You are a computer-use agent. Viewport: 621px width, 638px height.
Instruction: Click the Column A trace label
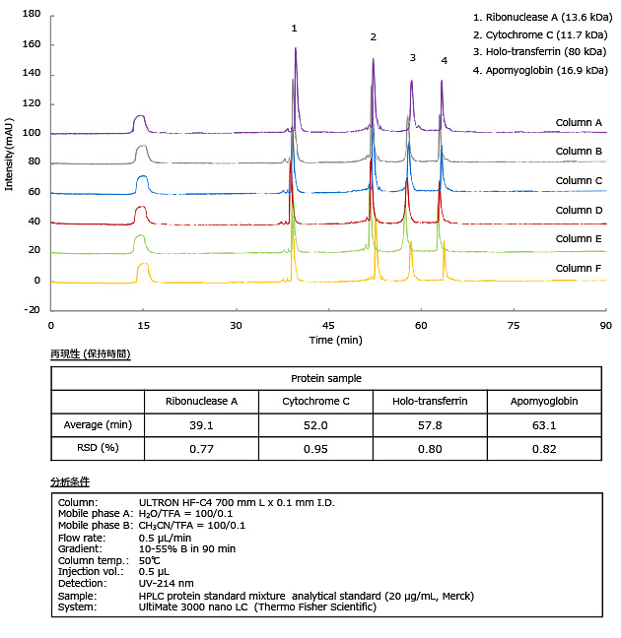[x=579, y=123]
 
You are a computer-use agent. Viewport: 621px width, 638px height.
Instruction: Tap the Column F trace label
[x=579, y=269]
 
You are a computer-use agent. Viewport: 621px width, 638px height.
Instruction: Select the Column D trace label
[x=579, y=210]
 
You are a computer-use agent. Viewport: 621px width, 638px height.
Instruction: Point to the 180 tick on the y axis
[x=32, y=16]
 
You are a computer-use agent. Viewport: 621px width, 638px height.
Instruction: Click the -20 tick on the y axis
[x=32, y=309]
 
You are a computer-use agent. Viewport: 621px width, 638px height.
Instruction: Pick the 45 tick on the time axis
[x=328, y=324]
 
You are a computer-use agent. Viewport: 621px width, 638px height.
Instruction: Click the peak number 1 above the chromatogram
[x=294, y=29]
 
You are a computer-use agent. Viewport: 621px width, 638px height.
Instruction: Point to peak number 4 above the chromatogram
[x=444, y=61]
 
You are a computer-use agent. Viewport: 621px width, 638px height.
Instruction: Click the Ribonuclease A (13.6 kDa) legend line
[x=540, y=17]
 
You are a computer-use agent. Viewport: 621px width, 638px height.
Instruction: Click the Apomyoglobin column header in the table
[x=545, y=402]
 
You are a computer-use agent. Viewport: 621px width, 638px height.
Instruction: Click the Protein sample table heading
[x=325, y=378]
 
